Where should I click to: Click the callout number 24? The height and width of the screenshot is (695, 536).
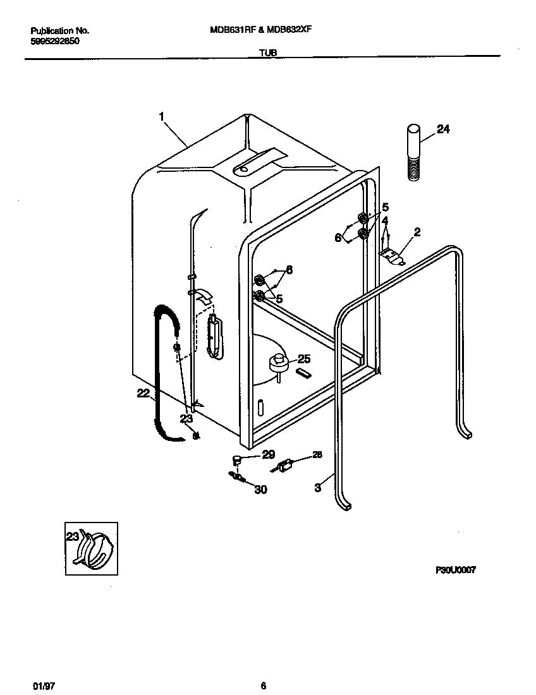[x=443, y=130]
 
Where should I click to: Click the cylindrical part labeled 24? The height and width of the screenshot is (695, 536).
[x=413, y=152]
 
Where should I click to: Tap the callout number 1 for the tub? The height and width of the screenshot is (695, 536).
[x=162, y=116]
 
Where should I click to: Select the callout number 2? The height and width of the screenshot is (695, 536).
[x=417, y=233]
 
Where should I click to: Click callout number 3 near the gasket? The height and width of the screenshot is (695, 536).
[x=318, y=487]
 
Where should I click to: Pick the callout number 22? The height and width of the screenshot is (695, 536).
[x=143, y=393]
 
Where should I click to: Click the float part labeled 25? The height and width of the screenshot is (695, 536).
[x=278, y=363]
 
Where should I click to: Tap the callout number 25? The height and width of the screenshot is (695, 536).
[x=304, y=359]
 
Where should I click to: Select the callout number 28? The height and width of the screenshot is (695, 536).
[x=317, y=454]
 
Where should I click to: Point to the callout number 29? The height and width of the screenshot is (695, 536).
[x=269, y=455]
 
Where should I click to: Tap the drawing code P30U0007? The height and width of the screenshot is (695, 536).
[x=455, y=569]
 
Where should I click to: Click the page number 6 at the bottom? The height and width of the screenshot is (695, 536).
[x=263, y=686]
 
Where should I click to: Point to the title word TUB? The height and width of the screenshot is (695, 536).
[x=267, y=54]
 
